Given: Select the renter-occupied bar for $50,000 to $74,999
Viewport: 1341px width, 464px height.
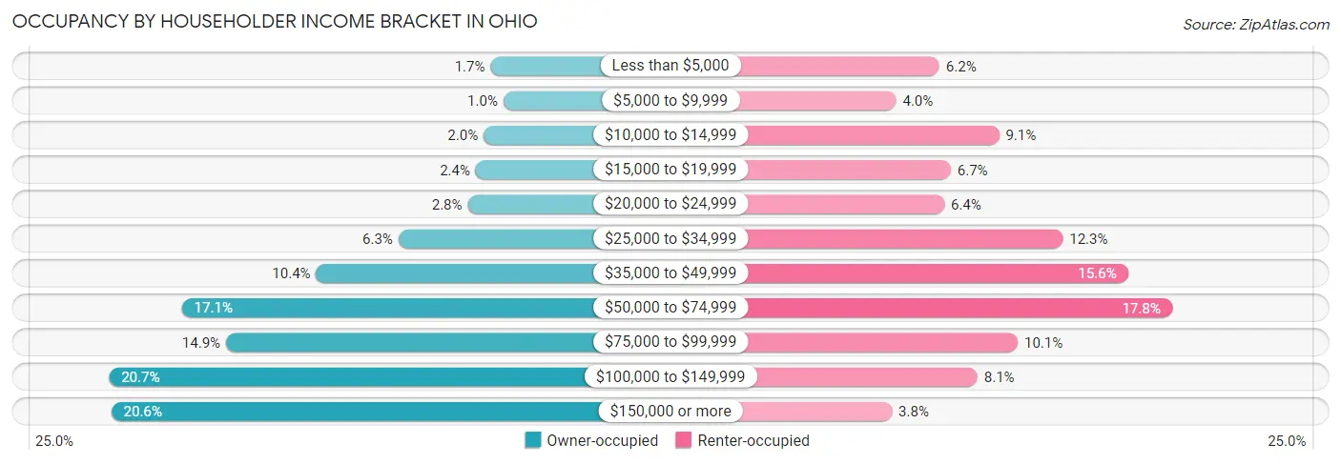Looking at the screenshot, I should point(959,308).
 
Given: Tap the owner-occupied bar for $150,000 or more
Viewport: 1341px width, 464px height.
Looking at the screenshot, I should point(355,412).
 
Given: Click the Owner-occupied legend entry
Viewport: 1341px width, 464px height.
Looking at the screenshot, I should point(591,440).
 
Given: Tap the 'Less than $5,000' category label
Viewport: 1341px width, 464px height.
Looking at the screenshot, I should point(670,66).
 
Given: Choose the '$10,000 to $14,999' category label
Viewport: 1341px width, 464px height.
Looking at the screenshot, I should point(670,135).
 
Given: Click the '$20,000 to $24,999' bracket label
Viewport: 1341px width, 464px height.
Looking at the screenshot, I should point(670,204).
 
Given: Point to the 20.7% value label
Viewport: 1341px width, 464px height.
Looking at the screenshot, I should point(140,377).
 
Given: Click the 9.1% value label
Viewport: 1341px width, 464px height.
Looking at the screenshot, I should point(1021,135).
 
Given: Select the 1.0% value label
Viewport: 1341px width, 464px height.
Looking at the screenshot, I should point(482,101).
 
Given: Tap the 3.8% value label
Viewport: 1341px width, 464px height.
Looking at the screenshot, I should point(914,412).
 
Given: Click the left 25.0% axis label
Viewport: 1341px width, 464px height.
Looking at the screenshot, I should point(53,441).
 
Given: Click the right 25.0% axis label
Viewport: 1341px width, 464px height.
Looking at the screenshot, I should point(1287,441).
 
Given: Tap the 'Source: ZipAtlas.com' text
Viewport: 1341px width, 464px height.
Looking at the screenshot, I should point(1255,23).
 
